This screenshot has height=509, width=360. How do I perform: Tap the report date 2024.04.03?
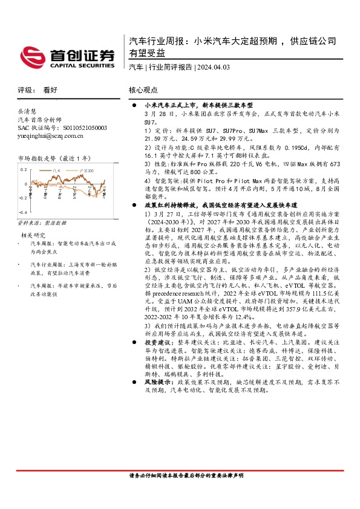213,67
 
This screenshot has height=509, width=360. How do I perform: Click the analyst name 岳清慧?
27,111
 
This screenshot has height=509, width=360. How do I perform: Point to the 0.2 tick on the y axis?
23,169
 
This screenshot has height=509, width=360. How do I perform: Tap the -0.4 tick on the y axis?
22,213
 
